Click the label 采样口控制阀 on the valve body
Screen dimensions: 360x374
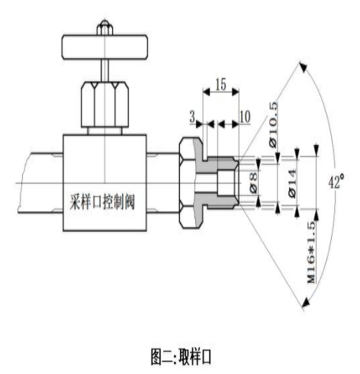click(x=102, y=202)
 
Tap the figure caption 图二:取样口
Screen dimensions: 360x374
click(x=181, y=356)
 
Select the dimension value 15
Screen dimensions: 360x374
click(x=220, y=85)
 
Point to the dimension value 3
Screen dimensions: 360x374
click(x=192, y=118)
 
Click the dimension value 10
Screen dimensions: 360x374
click(x=245, y=117)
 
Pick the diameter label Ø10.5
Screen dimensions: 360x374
click(x=273, y=124)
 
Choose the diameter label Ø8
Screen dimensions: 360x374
click(x=254, y=182)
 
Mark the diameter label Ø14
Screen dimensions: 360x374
click(x=292, y=183)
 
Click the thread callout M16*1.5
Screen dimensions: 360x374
click(x=311, y=253)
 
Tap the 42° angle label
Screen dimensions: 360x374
click(x=336, y=181)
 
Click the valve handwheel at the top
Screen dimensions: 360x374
click(x=104, y=47)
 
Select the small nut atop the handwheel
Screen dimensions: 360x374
click(x=104, y=28)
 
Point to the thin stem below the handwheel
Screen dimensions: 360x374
click(x=104, y=70)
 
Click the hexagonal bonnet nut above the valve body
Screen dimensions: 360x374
click(x=104, y=105)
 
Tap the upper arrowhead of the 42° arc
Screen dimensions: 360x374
click(x=303, y=67)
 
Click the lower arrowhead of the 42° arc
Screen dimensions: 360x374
click(x=305, y=302)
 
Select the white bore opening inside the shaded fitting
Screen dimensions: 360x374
click(x=226, y=182)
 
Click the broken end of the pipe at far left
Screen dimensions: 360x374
click(x=21, y=182)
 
